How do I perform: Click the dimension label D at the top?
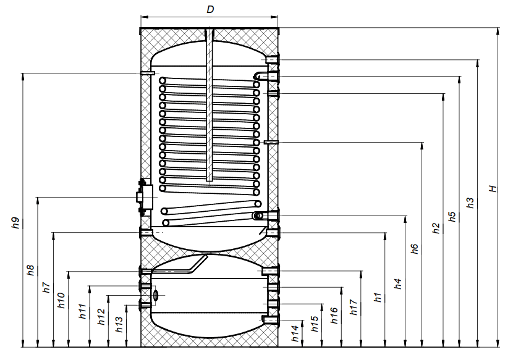[210, 9]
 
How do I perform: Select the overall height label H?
[493, 189]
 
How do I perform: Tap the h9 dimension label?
[15, 223]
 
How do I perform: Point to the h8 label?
[30, 270]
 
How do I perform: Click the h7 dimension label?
[46, 287]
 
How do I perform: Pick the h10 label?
[62, 300]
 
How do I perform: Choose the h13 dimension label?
[119, 324]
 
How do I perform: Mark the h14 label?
[295, 333]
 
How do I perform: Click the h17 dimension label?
[354, 307]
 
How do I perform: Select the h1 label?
[378, 298]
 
